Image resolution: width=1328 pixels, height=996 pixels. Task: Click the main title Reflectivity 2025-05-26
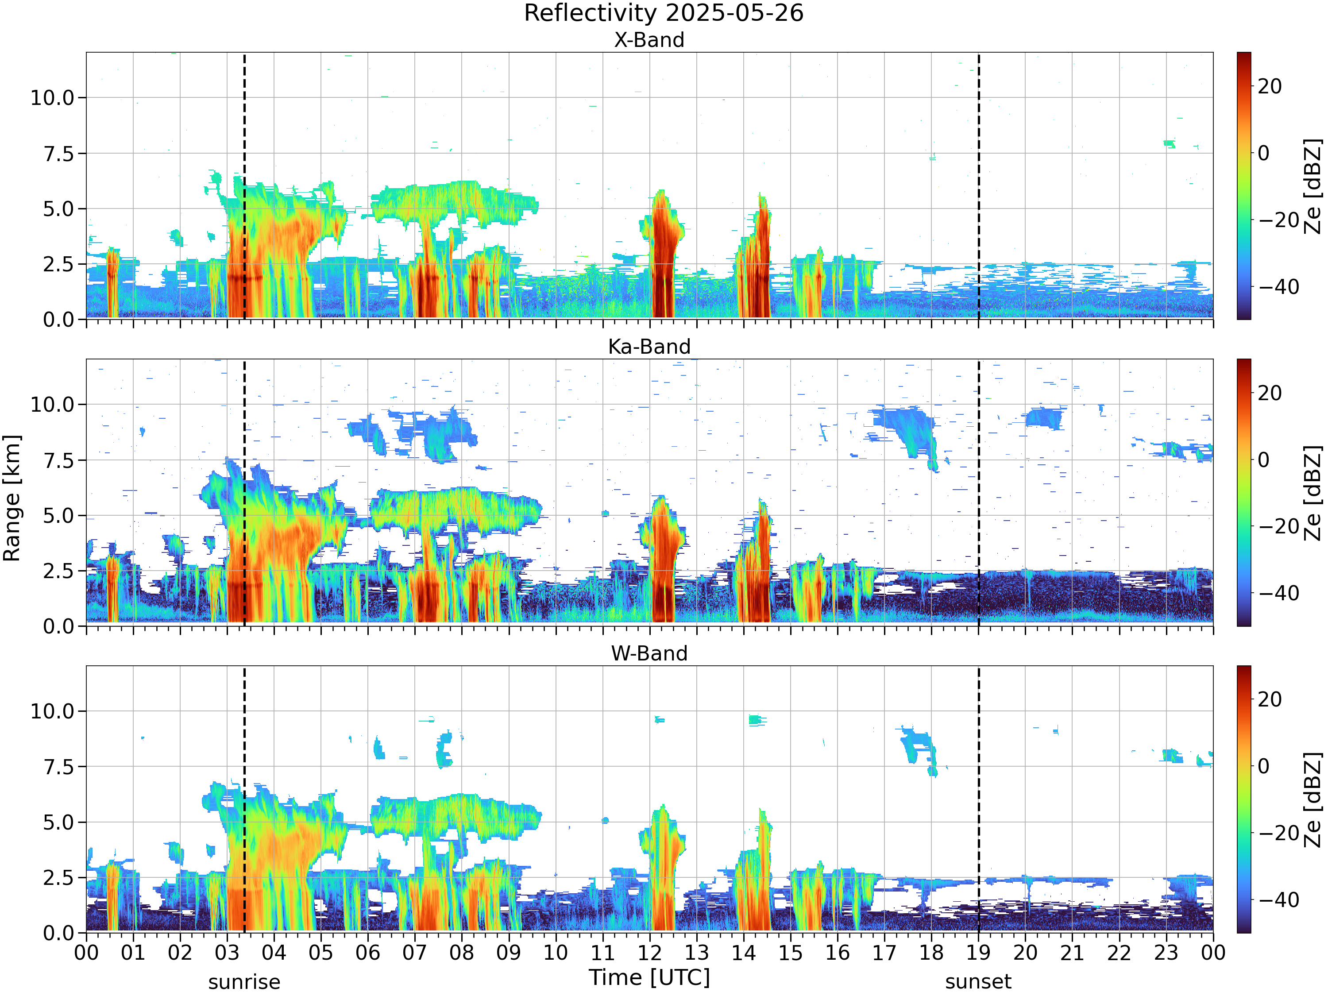point(664,13)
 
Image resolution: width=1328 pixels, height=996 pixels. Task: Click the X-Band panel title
point(649,40)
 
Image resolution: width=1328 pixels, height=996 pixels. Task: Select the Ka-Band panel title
point(649,347)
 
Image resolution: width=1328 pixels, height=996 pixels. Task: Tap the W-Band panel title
point(649,653)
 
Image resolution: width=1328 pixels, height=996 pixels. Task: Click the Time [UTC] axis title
point(649,977)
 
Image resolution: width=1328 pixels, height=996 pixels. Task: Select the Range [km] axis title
point(12,499)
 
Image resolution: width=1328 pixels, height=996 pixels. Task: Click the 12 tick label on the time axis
point(649,953)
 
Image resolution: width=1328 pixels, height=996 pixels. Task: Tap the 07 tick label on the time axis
point(415,953)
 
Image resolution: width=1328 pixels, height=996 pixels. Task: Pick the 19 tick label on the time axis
point(979,953)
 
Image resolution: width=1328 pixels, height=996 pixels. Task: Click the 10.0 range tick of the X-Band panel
point(52,98)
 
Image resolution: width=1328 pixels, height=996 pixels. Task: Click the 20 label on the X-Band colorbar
point(1270,86)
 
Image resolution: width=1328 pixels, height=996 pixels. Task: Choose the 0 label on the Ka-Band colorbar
point(1264,460)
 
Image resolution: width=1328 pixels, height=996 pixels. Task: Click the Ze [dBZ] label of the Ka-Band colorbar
point(1313,492)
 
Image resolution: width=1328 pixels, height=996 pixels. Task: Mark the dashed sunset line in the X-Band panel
point(979,186)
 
